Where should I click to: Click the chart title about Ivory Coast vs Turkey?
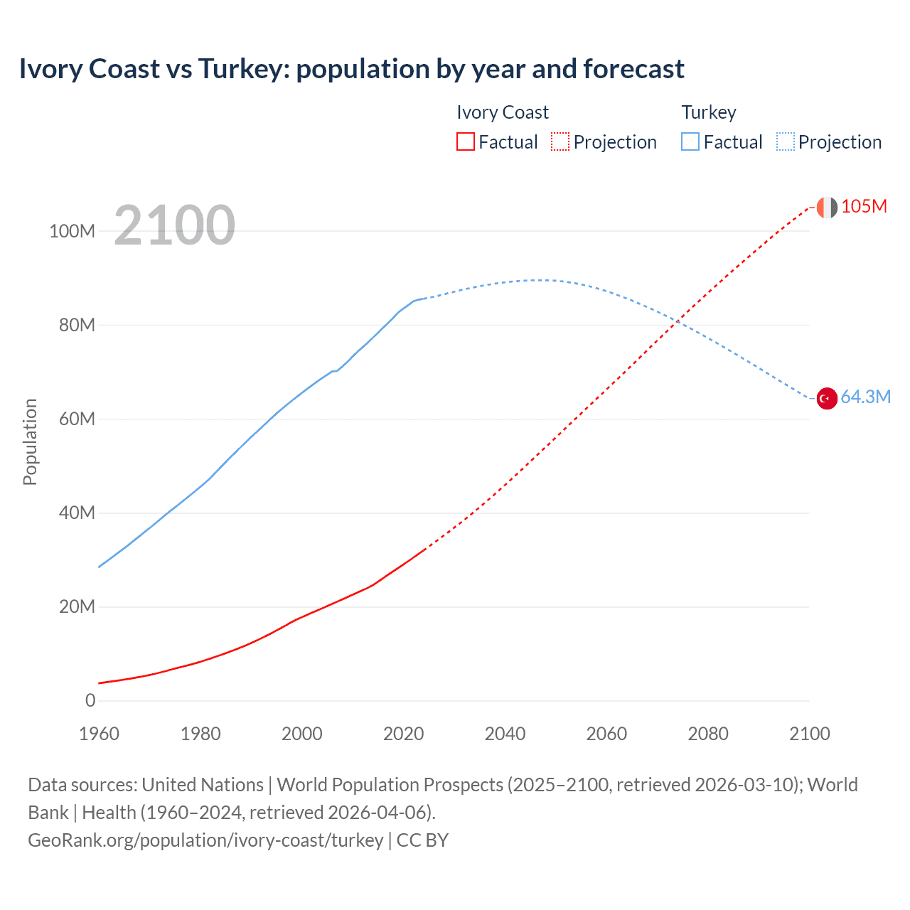click(351, 69)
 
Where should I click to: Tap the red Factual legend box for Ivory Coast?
click(465, 141)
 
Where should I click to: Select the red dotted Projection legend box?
click(560, 141)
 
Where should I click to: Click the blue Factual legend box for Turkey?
click(690, 141)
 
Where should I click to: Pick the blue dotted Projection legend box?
click(786, 141)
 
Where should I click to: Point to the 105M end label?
click(864, 206)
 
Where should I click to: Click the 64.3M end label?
click(865, 397)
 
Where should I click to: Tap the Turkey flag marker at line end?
click(827, 399)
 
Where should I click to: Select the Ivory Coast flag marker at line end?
click(827, 208)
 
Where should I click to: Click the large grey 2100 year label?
click(174, 225)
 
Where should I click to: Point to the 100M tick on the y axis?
click(72, 231)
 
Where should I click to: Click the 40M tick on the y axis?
click(76, 513)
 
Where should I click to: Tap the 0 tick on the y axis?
click(90, 700)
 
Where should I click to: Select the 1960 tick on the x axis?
click(99, 734)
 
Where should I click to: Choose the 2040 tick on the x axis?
click(505, 734)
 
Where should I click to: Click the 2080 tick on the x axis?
click(708, 734)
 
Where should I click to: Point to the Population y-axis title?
click(30, 441)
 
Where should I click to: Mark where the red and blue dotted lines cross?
click(677, 321)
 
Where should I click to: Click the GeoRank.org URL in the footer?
click(205, 840)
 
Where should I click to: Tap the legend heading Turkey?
click(709, 112)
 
